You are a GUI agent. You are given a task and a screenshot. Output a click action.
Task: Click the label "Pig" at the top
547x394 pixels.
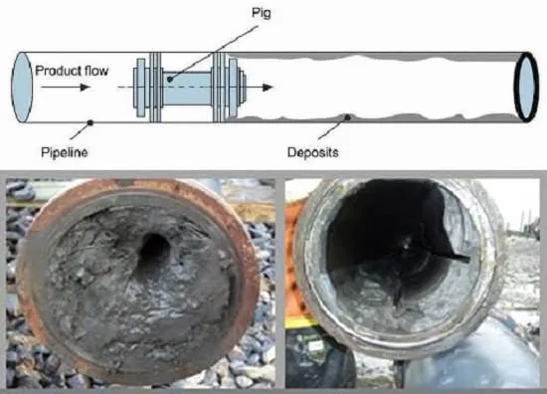point(261,13)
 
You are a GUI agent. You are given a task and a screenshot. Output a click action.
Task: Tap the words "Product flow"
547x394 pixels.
point(72,71)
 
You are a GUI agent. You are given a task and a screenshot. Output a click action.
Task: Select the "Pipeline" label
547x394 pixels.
point(65,152)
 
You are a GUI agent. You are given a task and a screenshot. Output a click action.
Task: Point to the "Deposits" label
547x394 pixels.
point(312,152)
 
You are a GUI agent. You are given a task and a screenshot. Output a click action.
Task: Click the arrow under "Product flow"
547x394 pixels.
point(66,88)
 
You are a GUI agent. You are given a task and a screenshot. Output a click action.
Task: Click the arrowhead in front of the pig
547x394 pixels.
point(268,88)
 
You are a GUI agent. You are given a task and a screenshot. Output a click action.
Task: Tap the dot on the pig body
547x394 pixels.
point(170,80)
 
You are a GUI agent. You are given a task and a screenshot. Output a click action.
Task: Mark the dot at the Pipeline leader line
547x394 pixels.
point(91,122)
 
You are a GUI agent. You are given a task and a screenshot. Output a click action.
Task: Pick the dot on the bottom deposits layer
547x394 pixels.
point(347,117)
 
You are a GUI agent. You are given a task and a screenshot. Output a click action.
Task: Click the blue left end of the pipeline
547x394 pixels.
point(22,88)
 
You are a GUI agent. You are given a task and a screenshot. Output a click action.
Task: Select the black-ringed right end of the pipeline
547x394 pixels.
point(527,87)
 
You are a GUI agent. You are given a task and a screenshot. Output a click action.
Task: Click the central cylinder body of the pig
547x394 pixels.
point(187,88)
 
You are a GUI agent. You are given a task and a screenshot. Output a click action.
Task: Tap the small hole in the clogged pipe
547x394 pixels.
point(154,249)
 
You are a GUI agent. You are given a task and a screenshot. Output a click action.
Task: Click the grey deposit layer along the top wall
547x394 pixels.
point(377,57)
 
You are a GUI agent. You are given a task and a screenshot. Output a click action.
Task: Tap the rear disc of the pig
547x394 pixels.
point(140,88)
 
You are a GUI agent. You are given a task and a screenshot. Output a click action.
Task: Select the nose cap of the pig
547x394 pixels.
point(243,88)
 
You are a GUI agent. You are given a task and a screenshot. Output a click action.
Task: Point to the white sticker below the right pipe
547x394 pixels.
point(316,345)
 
